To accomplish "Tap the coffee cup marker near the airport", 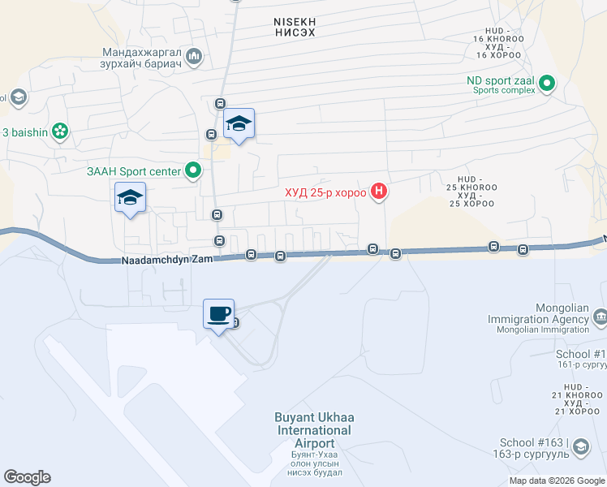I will [218, 314].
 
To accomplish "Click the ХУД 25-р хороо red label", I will [325, 193].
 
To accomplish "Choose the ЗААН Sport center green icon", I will [193, 170].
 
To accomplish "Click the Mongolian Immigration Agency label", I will [538, 314].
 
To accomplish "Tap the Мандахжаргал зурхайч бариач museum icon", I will [193, 57].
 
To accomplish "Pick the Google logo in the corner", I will [27, 477].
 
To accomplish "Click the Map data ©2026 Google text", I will [557, 481].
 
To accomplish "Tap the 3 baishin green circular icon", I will [59, 131].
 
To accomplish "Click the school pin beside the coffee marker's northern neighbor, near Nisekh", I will [239, 124].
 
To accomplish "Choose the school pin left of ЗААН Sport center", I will [130, 197].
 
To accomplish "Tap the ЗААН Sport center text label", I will [133, 171].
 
